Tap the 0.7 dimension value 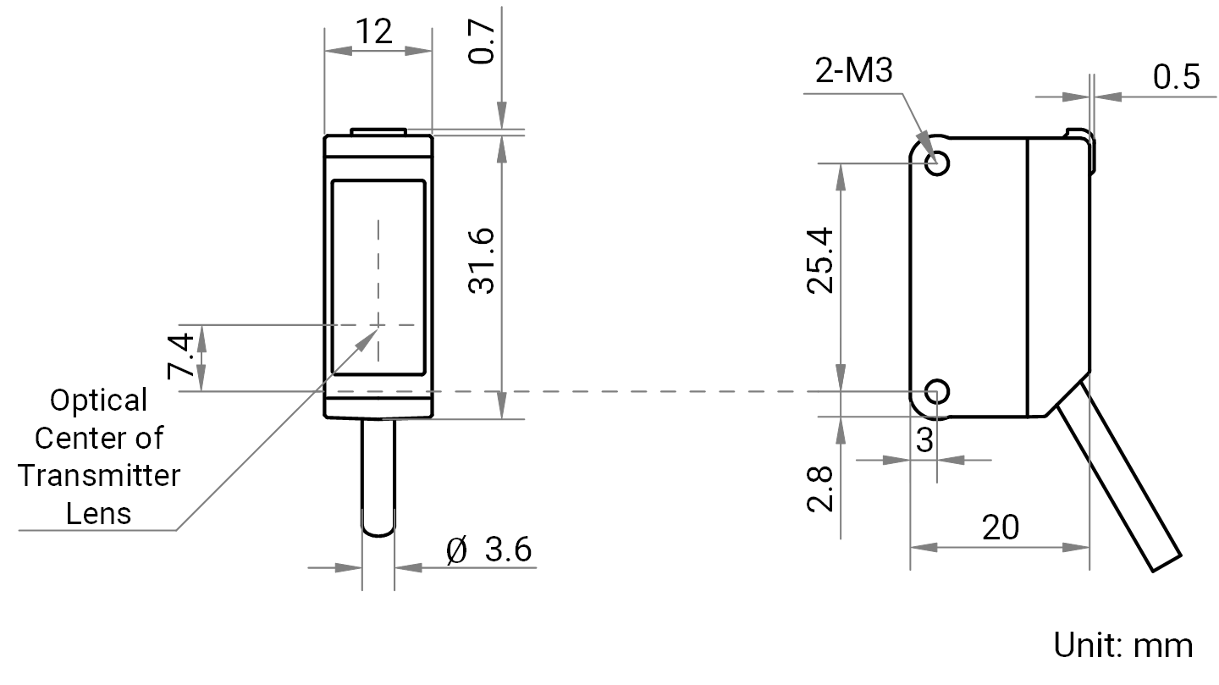483,42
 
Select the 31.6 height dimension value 483,262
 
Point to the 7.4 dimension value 180,356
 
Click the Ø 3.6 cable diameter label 488,550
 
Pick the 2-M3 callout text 854,71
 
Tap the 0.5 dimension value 1177,77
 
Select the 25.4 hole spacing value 820,261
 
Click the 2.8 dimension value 820,489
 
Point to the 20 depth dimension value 1001,528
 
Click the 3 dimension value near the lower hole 924,440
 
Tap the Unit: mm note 1123,646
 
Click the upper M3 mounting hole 937,163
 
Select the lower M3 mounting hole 937,391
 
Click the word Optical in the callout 98,401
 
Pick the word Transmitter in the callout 98,476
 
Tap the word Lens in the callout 98,513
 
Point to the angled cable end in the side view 1167,564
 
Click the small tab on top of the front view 378,132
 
